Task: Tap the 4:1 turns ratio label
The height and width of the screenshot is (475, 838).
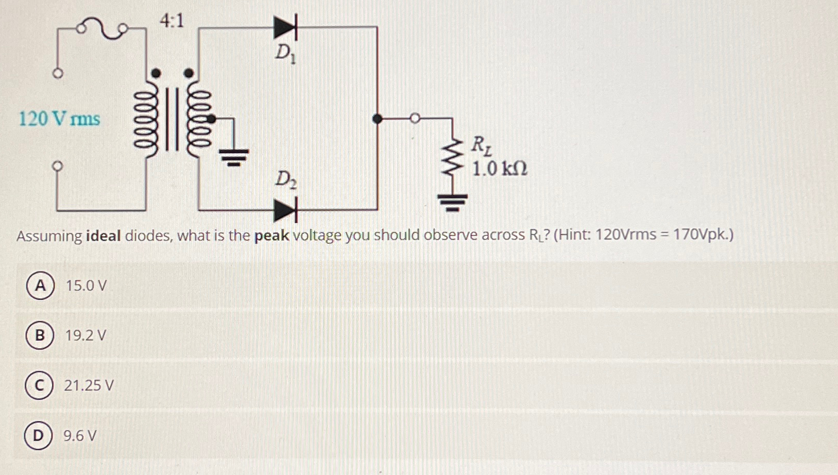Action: click(x=172, y=21)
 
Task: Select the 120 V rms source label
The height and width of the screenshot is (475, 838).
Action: click(x=59, y=119)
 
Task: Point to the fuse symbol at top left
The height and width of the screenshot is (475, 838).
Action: click(x=102, y=29)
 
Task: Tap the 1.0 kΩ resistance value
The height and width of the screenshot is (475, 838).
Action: click(x=500, y=168)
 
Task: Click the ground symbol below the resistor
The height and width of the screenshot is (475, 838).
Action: click(x=452, y=202)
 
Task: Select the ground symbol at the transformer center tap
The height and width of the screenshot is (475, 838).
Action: click(x=234, y=156)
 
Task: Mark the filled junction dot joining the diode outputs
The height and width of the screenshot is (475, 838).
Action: click(x=377, y=119)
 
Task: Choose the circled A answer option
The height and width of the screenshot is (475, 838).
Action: click(x=40, y=285)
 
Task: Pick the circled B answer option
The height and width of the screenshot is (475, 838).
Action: click(x=40, y=335)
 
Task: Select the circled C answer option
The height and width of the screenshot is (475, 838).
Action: click(x=39, y=385)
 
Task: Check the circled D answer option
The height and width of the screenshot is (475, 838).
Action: click(x=38, y=436)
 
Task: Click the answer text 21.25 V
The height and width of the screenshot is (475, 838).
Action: click(x=89, y=385)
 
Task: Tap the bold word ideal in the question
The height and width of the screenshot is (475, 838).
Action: click(x=104, y=236)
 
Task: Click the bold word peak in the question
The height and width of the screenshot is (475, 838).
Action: click(x=271, y=236)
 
